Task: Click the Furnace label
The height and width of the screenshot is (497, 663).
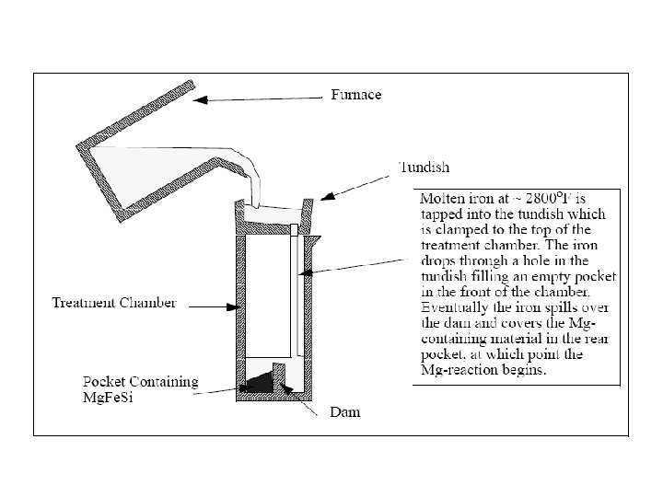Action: [355, 95]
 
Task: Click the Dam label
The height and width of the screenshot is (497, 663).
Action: [345, 413]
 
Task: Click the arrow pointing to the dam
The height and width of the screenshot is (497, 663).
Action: [300, 395]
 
